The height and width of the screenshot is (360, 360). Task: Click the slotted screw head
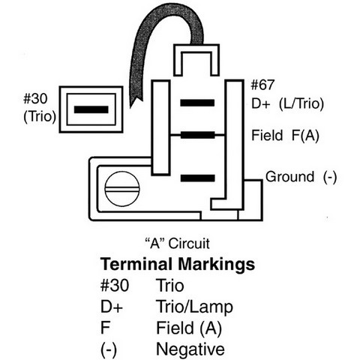(121, 189)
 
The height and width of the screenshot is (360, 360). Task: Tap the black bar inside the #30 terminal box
(91, 109)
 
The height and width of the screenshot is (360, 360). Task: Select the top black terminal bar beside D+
(197, 103)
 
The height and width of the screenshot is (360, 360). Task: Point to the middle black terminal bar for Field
(197, 135)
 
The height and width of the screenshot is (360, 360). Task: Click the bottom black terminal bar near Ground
(197, 178)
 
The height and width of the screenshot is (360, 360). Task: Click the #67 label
(262, 85)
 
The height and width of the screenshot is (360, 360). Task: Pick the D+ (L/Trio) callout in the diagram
(287, 103)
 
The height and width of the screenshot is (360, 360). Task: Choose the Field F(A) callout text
(285, 136)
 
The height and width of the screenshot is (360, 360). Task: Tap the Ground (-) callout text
(301, 177)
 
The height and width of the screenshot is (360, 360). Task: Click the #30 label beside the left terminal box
(35, 98)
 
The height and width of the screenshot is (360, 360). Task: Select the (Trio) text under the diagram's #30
(40, 116)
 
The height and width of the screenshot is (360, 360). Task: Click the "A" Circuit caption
(178, 243)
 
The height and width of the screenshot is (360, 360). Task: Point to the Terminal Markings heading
(178, 264)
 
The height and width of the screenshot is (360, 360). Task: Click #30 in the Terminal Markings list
(115, 285)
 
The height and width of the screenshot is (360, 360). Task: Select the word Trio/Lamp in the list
(194, 307)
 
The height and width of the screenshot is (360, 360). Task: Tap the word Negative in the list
(190, 349)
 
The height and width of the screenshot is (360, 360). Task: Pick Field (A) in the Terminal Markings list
(189, 328)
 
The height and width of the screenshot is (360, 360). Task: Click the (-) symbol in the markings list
(109, 349)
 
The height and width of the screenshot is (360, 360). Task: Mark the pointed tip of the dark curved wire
(130, 108)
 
